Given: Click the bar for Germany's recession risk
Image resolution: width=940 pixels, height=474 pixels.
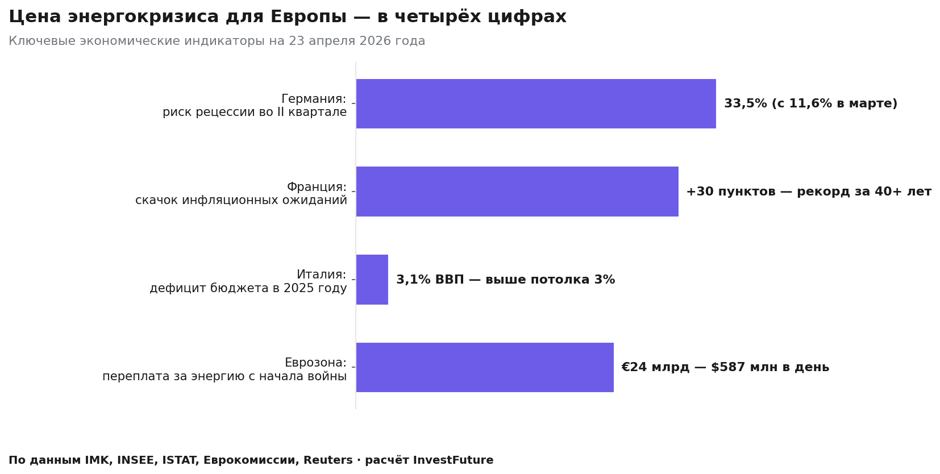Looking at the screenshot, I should pyautogui.click(x=535, y=103).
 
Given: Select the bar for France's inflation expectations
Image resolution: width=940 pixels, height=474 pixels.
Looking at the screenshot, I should pyautogui.click(x=517, y=192).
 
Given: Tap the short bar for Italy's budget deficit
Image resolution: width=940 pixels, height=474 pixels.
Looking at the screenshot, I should pyautogui.click(x=372, y=280).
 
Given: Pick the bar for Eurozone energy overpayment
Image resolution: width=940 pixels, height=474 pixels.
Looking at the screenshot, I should pyautogui.click(x=484, y=367).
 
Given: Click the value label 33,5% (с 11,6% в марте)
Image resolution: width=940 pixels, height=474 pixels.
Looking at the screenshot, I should pyautogui.click(x=810, y=104).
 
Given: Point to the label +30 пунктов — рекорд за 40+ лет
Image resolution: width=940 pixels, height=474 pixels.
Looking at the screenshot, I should pyautogui.click(x=808, y=192).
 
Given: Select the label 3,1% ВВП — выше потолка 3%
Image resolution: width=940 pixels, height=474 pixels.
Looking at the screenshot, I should pyautogui.click(x=505, y=280).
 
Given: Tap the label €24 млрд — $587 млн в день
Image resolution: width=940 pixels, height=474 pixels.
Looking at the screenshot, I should pyautogui.click(x=725, y=368).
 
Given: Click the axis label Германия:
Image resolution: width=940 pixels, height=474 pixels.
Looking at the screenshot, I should pyautogui.click(x=314, y=99).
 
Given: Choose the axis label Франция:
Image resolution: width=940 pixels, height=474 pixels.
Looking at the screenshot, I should pyautogui.click(x=317, y=187).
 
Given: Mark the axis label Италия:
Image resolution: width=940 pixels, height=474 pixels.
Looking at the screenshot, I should pyautogui.click(x=321, y=275).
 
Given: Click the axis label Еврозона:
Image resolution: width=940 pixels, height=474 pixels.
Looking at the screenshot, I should pyautogui.click(x=315, y=363).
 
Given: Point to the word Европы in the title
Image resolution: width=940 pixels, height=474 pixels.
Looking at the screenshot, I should pyautogui.click(x=308, y=17).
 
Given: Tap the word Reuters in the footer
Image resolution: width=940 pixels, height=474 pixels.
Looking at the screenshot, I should pyautogui.click(x=328, y=460).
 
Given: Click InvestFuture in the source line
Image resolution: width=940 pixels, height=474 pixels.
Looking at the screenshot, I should pyautogui.click(x=453, y=460).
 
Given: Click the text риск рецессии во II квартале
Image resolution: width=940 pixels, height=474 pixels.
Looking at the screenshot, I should pyautogui.click(x=255, y=113).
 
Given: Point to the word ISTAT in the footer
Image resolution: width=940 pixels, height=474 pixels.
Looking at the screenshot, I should pyautogui.click(x=180, y=460).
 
